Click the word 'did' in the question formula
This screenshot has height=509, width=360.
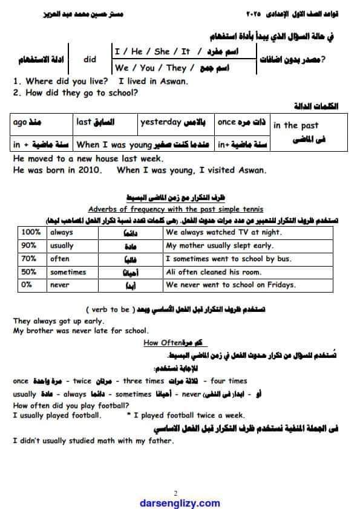click(90, 59)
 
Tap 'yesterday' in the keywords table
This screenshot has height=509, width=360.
click(161, 123)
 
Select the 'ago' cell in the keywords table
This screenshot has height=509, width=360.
click(19, 123)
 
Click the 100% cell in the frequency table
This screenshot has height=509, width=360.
click(29, 232)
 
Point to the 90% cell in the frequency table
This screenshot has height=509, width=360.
click(28, 245)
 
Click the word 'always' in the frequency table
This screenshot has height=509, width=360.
click(62, 232)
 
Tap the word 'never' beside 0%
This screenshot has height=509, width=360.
click(60, 285)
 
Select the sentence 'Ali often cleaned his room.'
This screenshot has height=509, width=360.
click(205, 272)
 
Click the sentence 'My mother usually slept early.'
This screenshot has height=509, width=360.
click(218, 245)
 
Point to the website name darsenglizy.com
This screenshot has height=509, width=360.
click(180, 502)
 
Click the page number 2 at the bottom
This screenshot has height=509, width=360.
click(175, 492)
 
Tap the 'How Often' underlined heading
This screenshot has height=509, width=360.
click(159, 343)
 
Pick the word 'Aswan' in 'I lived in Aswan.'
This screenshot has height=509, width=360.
click(174, 81)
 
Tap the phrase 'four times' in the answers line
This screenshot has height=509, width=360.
click(230, 381)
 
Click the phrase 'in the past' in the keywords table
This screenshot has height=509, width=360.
click(295, 126)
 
